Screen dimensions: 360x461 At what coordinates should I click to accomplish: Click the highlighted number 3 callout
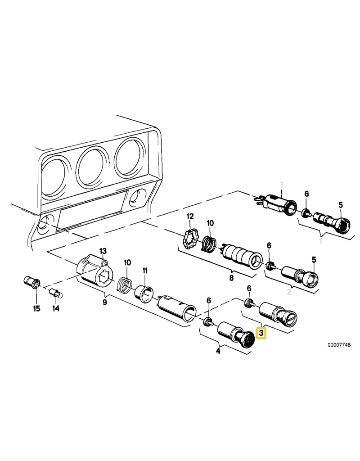point(261,334)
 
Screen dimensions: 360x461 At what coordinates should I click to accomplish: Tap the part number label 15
point(36,309)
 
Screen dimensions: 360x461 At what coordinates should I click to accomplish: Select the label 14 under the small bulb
point(55,308)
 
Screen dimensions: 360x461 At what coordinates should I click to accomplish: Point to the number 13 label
point(103,251)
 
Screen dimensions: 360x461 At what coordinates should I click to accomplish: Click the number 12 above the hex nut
point(190,217)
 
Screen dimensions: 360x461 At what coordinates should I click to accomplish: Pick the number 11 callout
point(145,271)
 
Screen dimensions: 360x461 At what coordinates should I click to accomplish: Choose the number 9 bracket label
point(104,302)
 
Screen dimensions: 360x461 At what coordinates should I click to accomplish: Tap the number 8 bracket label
point(231,277)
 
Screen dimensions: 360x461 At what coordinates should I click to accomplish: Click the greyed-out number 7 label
point(282,185)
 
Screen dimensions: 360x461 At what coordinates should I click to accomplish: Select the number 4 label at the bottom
point(218,351)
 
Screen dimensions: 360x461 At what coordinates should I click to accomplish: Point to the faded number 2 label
point(289,292)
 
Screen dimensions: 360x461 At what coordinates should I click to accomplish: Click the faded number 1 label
point(320,241)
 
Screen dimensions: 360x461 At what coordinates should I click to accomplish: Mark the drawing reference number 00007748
point(339,345)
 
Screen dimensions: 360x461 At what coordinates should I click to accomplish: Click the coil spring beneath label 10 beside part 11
point(125,285)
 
